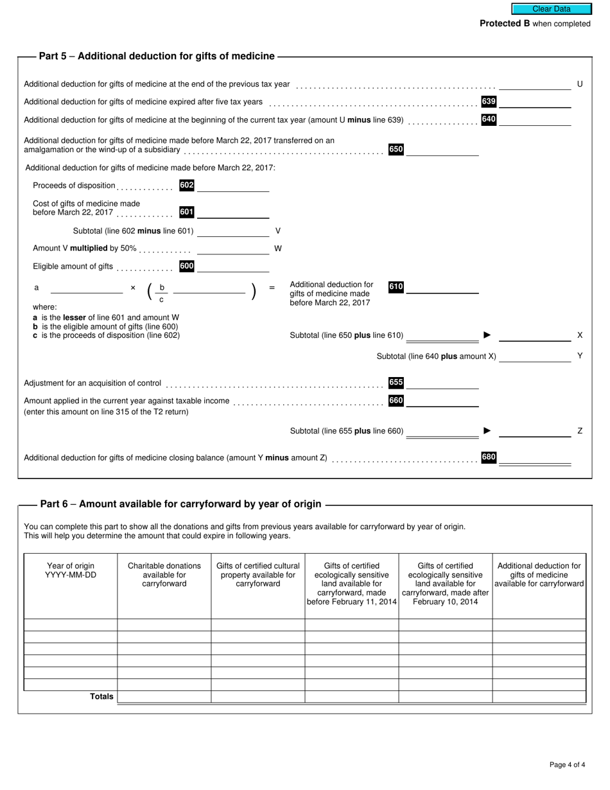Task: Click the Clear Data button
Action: tap(551, 9)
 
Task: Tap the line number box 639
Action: tap(489, 101)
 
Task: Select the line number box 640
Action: tap(489, 119)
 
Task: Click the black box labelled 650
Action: tap(396, 150)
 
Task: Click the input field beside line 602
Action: tap(233, 186)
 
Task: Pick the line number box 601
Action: tap(187, 212)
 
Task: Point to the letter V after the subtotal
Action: tap(278, 231)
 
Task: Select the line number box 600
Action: tap(187, 266)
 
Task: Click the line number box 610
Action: tap(396, 287)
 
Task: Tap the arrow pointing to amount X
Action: tap(487, 335)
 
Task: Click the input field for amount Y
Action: tap(534, 356)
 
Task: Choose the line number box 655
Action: tap(396, 383)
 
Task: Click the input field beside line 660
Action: tap(442, 401)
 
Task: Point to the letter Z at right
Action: tap(580, 431)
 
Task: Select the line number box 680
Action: tap(489, 457)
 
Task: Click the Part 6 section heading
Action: tap(180, 504)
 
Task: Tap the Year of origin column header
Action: tap(71, 570)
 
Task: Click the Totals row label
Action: tap(101, 696)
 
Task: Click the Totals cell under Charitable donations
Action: tap(164, 697)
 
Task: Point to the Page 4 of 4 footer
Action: tap(567, 764)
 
